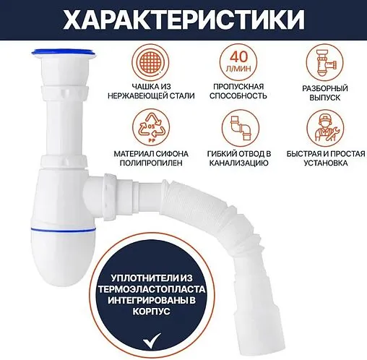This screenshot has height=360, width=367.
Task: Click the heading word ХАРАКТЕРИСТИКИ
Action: [183, 20]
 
